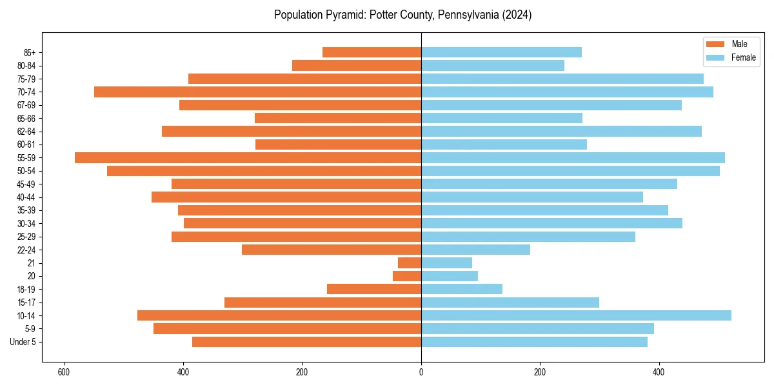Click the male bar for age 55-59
click(x=248, y=157)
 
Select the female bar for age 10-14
click(x=576, y=315)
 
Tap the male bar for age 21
click(x=410, y=263)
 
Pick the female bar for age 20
click(x=450, y=276)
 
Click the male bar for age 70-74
click(x=257, y=92)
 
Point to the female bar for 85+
click(x=501, y=52)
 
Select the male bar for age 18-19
click(x=374, y=289)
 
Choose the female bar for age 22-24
click(x=475, y=250)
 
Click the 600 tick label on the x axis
click(x=64, y=372)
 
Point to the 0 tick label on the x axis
click(x=421, y=372)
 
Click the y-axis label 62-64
click(x=26, y=132)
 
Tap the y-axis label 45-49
click(x=26, y=184)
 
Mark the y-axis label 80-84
click(x=26, y=66)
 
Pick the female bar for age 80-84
click(x=493, y=65)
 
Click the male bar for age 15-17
click(x=322, y=303)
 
